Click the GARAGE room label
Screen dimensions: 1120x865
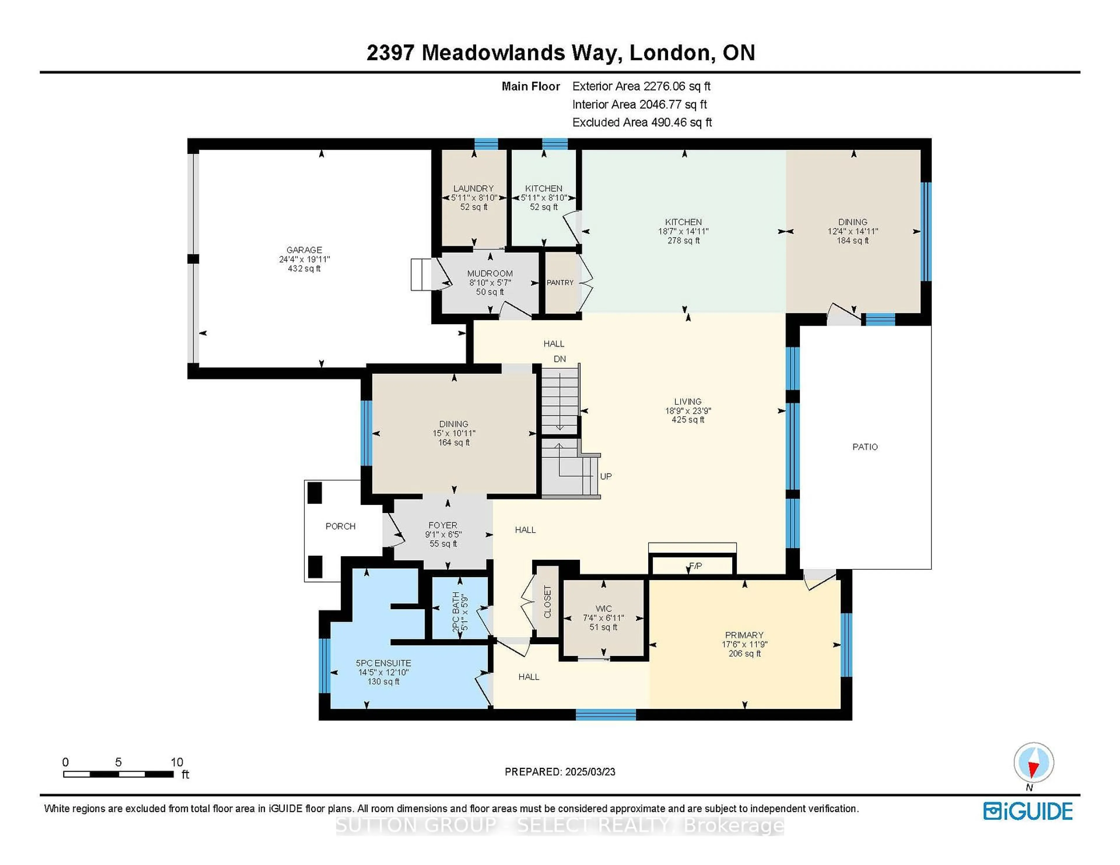(304, 250)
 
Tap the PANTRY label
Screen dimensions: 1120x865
(560, 282)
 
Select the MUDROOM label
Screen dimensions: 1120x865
(490, 274)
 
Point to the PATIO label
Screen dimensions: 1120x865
(865, 447)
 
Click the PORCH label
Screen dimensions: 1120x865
(340, 526)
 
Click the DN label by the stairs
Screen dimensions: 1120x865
(560, 359)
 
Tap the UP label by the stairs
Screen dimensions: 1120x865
(605, 477)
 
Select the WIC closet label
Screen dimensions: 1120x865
(603, 609)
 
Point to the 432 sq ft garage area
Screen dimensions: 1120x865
(304, 268)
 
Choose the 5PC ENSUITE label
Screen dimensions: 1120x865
(384, 663)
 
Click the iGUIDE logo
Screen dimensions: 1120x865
(1028, 811)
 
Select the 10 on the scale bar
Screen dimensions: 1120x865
(177, 762)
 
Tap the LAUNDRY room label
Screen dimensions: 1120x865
(473, 189)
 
